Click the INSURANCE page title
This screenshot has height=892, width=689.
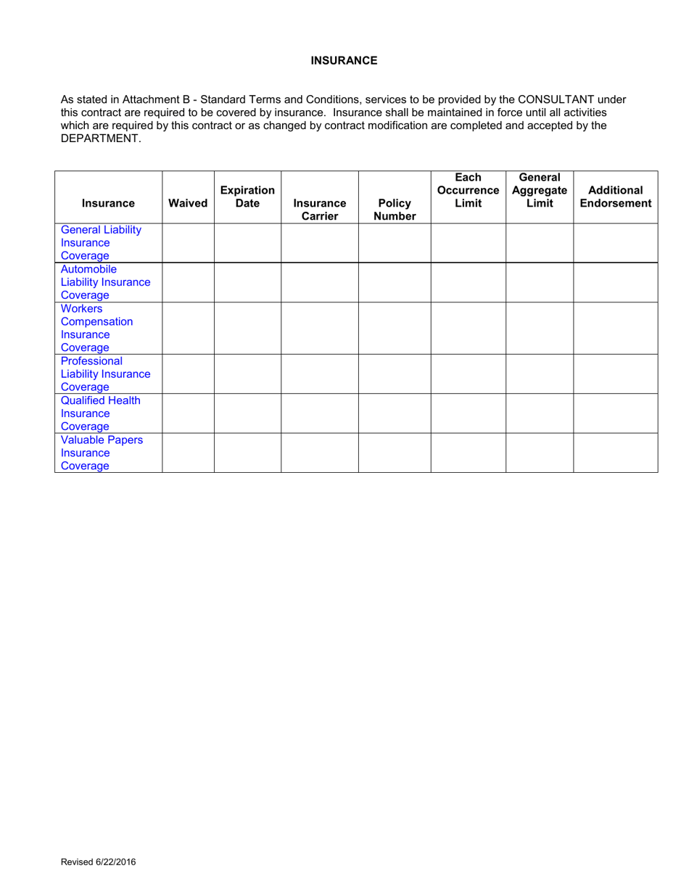(x=344, y=60)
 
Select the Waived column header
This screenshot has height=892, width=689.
(x=188, y=203)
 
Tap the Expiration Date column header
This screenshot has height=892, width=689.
(x=247, y=197)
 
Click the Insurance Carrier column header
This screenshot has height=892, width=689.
(x=320, y=210)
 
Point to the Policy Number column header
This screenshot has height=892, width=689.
(x=395, y=210)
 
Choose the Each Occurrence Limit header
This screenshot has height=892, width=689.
(x=468, y=190)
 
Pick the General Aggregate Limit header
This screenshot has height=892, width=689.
(x=540, y=190)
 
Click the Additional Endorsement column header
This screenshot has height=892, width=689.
(x=615, y=197)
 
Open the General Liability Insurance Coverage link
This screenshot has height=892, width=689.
(x=101, y=243)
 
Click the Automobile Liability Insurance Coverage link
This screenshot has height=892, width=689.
(x=105, y=282)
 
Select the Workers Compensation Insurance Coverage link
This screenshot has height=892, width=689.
(x=96, y=328)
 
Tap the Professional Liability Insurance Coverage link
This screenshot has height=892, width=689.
(x=105, y=374)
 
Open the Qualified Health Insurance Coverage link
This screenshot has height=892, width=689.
(x=100, y=413)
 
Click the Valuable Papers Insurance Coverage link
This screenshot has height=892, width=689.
(x=102, y=453)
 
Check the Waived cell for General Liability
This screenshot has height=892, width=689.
(x=188, y=243)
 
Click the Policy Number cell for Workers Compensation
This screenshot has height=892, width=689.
(x=395, y=328)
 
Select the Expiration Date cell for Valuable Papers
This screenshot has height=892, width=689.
(x=247, y=453)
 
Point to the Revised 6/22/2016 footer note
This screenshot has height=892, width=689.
(x=98, y=862)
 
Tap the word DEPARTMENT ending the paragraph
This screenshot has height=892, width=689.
(x=99, y=139)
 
